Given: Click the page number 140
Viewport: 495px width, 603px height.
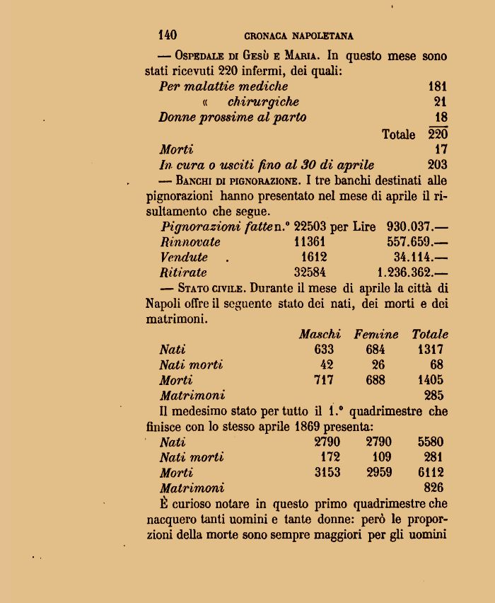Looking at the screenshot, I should click(x=167, y=35).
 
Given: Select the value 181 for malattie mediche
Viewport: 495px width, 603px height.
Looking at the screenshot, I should click(x=438, y=86).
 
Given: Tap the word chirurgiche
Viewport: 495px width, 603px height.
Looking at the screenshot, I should click(x=263, y=102).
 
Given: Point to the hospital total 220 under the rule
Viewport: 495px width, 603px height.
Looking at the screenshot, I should click(x=438, y=134).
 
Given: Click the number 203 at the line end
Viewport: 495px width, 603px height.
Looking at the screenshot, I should click(x=438, y=165).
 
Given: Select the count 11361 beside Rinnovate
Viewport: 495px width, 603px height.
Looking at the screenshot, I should click(x=310, y=241).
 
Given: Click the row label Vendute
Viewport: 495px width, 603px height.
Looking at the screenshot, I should click(x=184, y=257).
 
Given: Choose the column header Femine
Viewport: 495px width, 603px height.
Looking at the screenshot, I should click(x=376, y=334).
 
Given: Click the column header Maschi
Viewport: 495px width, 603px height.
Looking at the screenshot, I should click(x=320, y=334).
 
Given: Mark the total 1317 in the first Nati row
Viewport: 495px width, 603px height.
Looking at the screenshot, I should click(x=430, y=349).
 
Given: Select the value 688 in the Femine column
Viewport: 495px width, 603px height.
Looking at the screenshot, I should click(x=376, y=380).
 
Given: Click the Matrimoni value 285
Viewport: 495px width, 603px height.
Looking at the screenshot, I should click(x=433, y=396).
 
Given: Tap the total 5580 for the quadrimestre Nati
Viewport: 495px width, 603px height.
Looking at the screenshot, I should click(x=431, y=442).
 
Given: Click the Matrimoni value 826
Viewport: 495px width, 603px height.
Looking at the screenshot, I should click(x=433, y=488).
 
